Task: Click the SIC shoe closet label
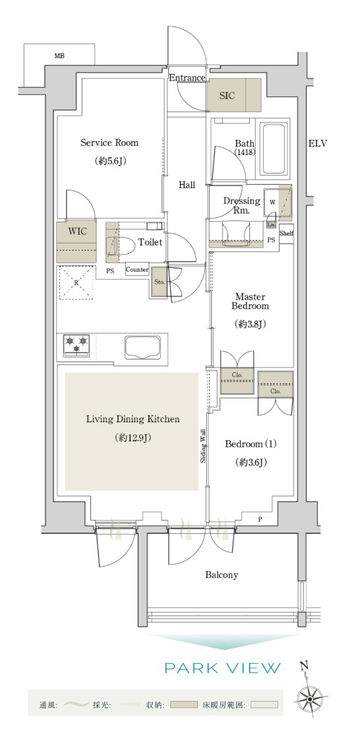point(227,96)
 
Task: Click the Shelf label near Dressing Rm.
point(287,233)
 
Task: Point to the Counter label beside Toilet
point(137,270)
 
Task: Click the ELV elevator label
point(317,143)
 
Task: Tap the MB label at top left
point(59,56)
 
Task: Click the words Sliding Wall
point(204,446)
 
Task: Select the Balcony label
point(222,575)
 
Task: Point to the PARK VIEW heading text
point(222,668)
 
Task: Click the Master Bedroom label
point(252,302)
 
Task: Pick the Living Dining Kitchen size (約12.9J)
point(132,438)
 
